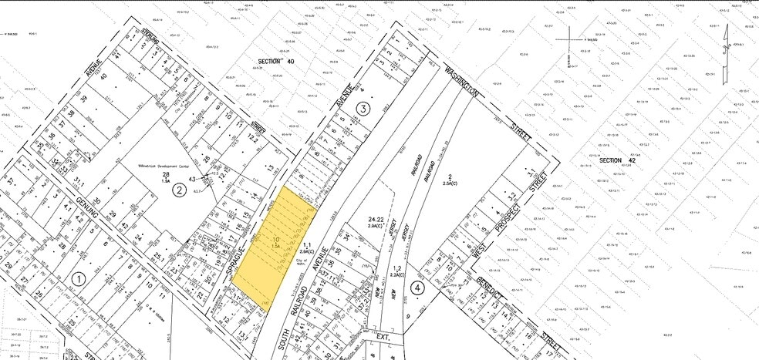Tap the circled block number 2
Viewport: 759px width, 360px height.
point(179,190)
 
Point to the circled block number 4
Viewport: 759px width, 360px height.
point(418,289)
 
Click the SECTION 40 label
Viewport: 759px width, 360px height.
point(276,60)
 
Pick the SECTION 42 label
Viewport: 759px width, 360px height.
point(615,160)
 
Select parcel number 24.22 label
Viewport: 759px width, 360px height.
point(376,223)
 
